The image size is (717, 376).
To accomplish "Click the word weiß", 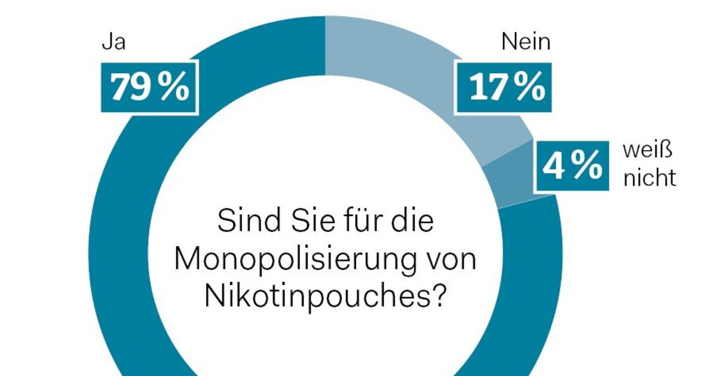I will pyautogui.click(x=648, y=151).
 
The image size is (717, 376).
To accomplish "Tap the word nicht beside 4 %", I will pyautogui.click(x=650, y=177).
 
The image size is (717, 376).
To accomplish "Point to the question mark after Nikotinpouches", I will pyautogui.click(x=439, y=294).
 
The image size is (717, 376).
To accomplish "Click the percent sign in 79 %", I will pyautogui.click(x=176, y=88).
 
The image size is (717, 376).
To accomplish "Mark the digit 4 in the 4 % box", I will pyautogui.click(x=553, y=167).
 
